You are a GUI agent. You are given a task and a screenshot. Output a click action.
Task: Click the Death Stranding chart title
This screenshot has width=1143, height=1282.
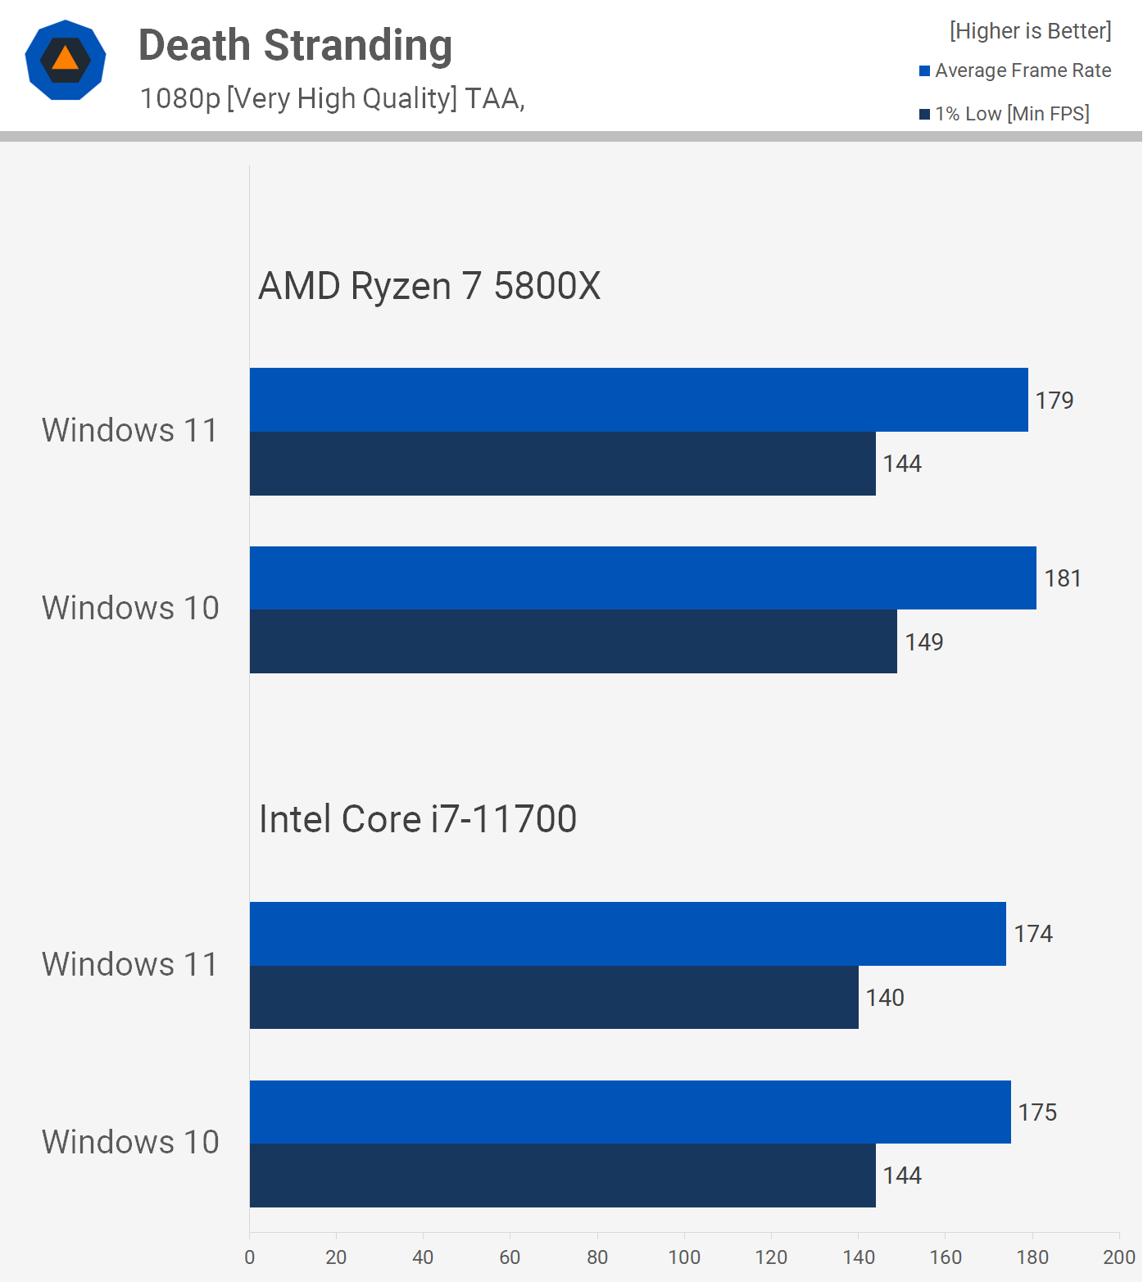pos(295,46)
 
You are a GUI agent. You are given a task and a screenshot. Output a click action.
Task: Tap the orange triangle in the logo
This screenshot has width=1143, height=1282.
pos(66,59)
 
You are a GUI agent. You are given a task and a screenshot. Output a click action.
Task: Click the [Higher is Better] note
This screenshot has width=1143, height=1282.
pos(1030,31)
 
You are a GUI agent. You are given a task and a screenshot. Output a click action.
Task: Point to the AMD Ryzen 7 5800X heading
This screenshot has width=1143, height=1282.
pos(429,287)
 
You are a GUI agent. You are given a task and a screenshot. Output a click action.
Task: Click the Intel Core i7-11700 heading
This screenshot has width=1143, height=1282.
pos(418,819)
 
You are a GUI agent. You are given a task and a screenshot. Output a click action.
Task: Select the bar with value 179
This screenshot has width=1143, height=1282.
pos(638,400)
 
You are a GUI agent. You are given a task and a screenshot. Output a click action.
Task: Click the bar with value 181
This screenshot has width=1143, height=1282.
pos(642,578)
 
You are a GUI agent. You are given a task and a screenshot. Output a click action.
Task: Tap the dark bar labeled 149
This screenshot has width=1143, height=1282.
pos(573,641)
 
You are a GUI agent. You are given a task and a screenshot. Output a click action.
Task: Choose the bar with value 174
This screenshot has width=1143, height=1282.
pos(628,934)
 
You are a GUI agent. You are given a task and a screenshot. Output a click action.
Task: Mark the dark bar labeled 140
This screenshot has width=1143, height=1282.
pos(554,997)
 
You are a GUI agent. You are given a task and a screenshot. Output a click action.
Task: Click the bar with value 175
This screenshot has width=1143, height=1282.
pos(630,1112)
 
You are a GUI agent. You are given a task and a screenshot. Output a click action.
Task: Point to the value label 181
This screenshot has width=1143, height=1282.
pos(1063,578)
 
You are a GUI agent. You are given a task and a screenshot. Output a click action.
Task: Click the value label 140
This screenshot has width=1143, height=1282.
pos(885,998)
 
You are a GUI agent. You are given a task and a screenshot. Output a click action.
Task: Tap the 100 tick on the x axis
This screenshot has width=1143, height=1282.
pos(684,1257)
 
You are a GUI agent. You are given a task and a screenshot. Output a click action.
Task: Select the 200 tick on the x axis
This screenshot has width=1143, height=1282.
pos(1118,1257)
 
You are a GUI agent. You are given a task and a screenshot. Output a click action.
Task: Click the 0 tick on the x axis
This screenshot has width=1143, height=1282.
pos(250,1257)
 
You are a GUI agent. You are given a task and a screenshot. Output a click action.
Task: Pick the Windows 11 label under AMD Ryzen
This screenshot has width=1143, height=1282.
pos(130,431)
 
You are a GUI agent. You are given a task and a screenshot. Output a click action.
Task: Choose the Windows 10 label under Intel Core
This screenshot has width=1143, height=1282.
pos(130,1143)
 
